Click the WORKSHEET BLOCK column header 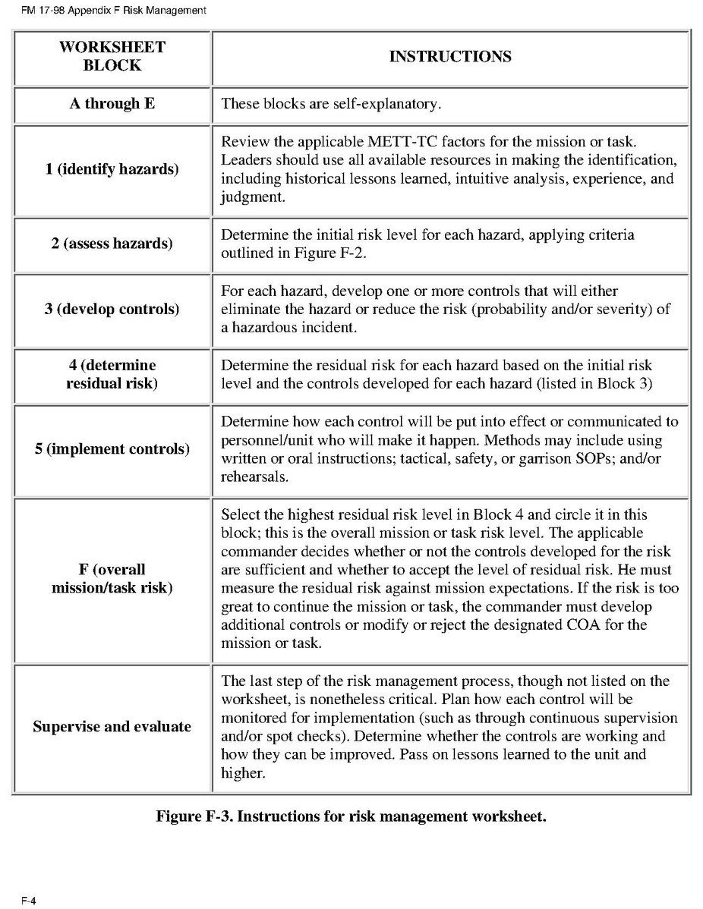pyautogui.click(x=112, y=56)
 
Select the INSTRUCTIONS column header pyautogui.click(x=450, y=57)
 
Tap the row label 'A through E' pyautogui.click(x=112, y=104)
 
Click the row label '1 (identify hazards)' pyautogui.click(x=112, y=169)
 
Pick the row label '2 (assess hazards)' pyautogui.click(x=112, y=244)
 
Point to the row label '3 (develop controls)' pyautogui.click(x=112, y=310)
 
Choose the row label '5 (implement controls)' pyautogui.click(x=112, y=449)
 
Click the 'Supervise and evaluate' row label pyautogui.click(x=112, y=727)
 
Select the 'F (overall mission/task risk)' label pyautogui.click(x=112, y=579)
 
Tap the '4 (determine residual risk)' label pyautogui.click(x=112, y=375)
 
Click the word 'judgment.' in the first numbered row pyautogui.click(x=249, y=197)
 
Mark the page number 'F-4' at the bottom pyautogui.click(x=29, y=901)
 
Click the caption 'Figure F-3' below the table pyautogui.click(x=193, y=816)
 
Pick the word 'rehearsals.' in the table pyautogui.click(x=255, y=477)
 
